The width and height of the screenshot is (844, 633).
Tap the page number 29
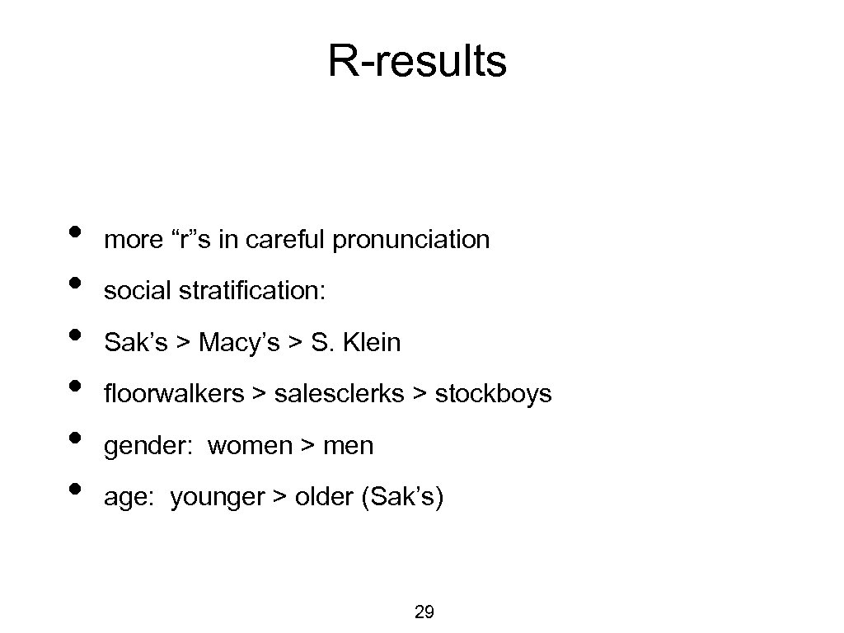coord(424,612)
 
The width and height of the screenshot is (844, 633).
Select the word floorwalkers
coord(174,394)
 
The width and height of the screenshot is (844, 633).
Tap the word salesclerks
coord(339,394)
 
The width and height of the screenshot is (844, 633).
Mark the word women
coord(250,446)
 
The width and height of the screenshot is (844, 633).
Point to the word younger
coord(218,499)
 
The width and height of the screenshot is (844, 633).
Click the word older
coord(324,498)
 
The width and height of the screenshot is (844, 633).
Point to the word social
coord(132,291)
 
